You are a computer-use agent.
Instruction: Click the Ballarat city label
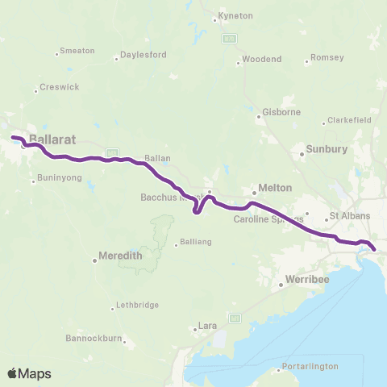(x=52, y=139)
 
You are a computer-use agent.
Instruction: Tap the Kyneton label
(x=236, y=16)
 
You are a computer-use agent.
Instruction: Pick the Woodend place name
(x=262, y=60)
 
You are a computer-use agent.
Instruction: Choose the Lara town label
(x=209, y=326)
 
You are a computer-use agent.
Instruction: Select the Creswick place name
(x=59, y=86)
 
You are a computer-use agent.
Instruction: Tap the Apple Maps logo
(x=28, y=373)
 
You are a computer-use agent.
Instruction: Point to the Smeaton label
(x=78, y=51)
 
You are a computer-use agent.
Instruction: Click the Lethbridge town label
(x=136, y=305)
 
